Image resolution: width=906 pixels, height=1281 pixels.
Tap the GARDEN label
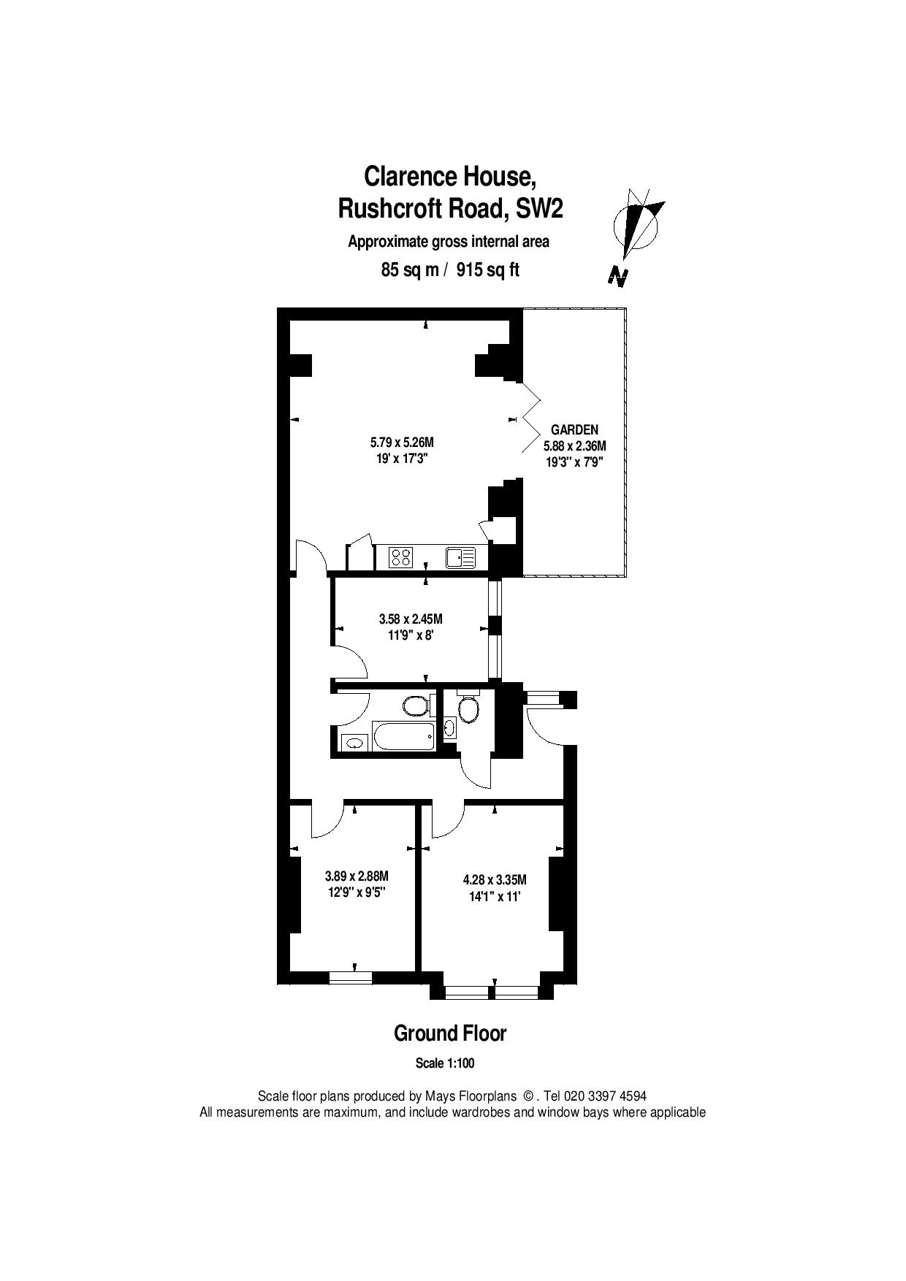coord(574,430)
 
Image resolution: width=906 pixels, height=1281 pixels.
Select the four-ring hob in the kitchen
coord(401,557)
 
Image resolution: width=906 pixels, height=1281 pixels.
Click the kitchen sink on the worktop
coord(460,558)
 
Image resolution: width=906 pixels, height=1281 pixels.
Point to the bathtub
coord(404,736)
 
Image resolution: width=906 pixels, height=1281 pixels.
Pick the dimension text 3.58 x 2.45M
coord(411,619)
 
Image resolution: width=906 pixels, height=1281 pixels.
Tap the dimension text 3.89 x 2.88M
coord(357,876)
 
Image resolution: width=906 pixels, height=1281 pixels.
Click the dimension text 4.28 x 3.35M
coord(495,879)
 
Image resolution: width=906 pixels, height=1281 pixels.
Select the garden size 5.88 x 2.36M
coord(574,446)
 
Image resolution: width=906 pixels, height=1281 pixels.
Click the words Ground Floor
coord(450,1033)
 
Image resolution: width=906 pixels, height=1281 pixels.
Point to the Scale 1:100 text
coord(445,1063)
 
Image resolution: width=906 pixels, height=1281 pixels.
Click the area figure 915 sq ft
coord(488,269)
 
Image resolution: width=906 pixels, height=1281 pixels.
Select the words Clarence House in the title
coord(451,176)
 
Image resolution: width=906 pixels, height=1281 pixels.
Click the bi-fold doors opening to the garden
coord(530,418)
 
